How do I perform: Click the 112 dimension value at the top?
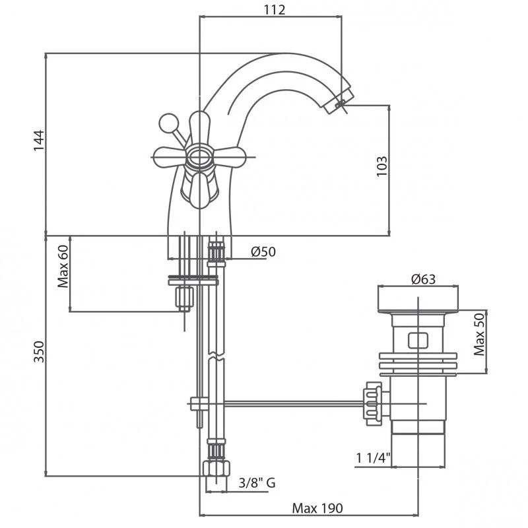274,9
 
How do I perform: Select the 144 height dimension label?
39,141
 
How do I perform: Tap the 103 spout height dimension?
382,166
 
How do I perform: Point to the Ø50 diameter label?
263,251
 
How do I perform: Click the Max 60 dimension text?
63,267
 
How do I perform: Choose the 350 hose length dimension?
39,352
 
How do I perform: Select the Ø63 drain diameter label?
423,279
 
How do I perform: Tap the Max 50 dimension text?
479,334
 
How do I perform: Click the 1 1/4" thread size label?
373,458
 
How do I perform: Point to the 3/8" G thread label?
257,483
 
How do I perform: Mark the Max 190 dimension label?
317,508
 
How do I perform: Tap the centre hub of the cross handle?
200,157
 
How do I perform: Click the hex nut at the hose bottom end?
216,469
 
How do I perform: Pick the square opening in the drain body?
418,341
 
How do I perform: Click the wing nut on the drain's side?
372,404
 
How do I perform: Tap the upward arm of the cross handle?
199,128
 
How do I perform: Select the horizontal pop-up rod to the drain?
293,403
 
